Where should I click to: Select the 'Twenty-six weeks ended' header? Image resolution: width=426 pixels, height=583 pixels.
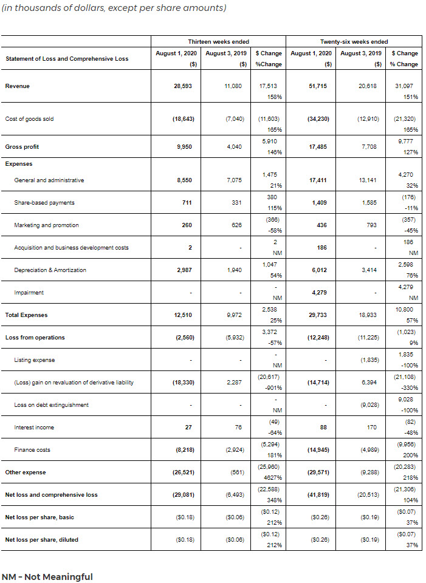click(x=354, y=41)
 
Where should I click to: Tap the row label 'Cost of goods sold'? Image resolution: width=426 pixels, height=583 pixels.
click(x=29, y=119)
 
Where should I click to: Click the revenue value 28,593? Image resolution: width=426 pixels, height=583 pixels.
click(x=183, y=86)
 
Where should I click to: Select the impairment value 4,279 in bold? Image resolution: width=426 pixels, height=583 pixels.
click(x=319, y=293)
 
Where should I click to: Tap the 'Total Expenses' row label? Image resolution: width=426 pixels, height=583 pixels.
click(x=26, y=315)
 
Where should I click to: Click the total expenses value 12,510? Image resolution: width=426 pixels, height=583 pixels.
click(x=183, y=315)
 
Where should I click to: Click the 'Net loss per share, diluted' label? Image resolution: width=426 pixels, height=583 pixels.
click(x=41, y=539)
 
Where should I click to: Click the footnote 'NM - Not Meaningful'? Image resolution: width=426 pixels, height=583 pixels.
click(x=47, y=576)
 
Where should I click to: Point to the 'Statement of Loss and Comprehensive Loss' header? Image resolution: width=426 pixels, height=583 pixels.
click(x=67, y=59)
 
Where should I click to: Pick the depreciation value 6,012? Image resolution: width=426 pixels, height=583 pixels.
click(x=319, y=270)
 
